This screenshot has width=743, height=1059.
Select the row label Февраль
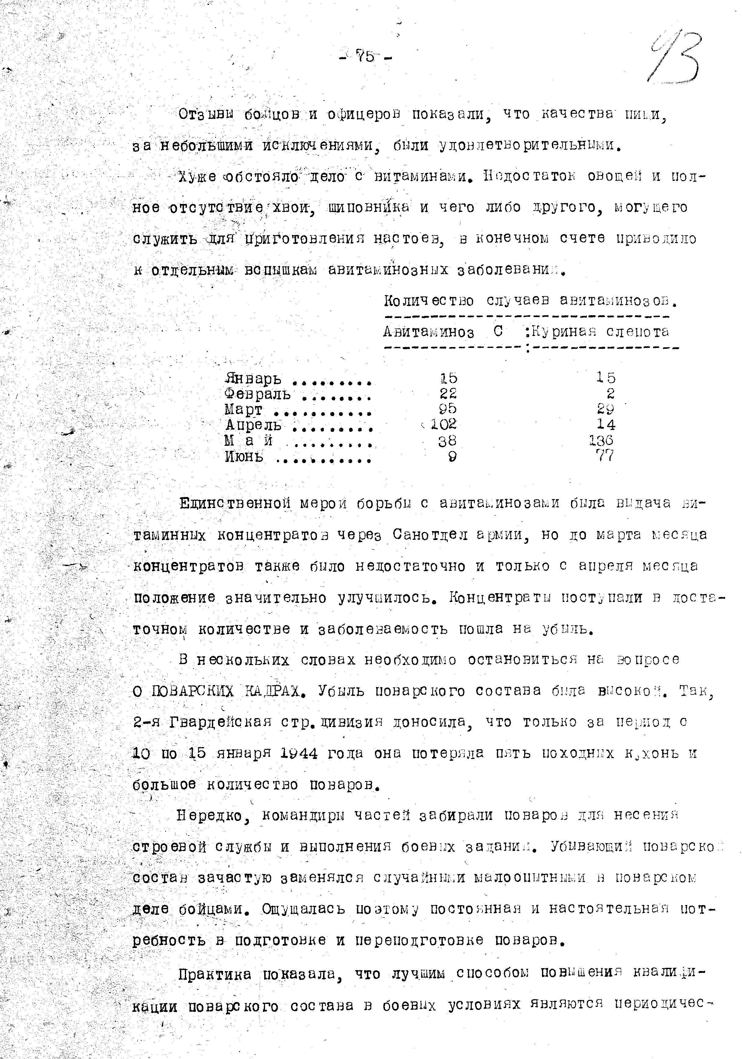point(257,394)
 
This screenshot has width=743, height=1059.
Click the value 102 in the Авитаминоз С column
point(443,424)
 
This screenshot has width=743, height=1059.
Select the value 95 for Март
point(447,408)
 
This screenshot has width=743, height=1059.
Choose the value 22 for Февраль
point(447,393)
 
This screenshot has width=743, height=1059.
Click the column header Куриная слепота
point(600,332)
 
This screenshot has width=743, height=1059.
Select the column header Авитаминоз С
point(442,332)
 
